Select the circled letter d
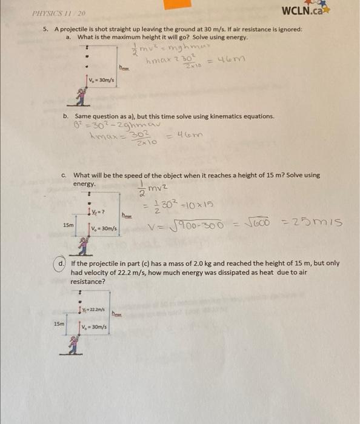62,264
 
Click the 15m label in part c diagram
68,225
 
